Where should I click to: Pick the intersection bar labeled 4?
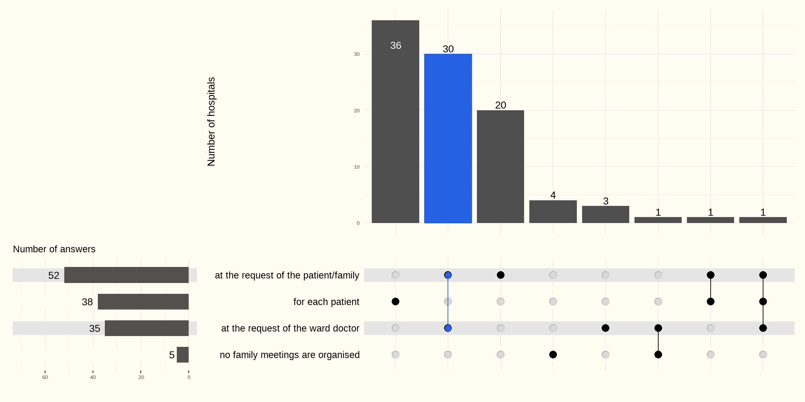coord(553,211)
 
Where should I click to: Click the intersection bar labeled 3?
coord(605,214)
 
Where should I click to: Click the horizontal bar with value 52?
coord(126,275)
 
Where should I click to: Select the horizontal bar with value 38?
coord(143,301)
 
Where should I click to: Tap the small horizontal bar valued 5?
coord(182,355)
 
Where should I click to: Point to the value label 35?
coord(94,328)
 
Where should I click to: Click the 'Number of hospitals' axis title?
coord(211,121)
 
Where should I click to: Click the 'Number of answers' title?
coord(54,249)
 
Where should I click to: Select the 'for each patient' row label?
coord(326,302)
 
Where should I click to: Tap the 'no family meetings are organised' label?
coord(289,355)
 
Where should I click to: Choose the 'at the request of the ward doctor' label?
coord(290,328)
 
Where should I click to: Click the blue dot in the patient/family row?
coord(448,275)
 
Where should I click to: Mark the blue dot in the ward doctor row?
coord(448,328)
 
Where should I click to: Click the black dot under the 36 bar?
coord(395,301)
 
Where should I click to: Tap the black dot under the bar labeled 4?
coord(553,355)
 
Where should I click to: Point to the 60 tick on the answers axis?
coord(45,377)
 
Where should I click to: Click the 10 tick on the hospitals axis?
coord(356,167)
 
